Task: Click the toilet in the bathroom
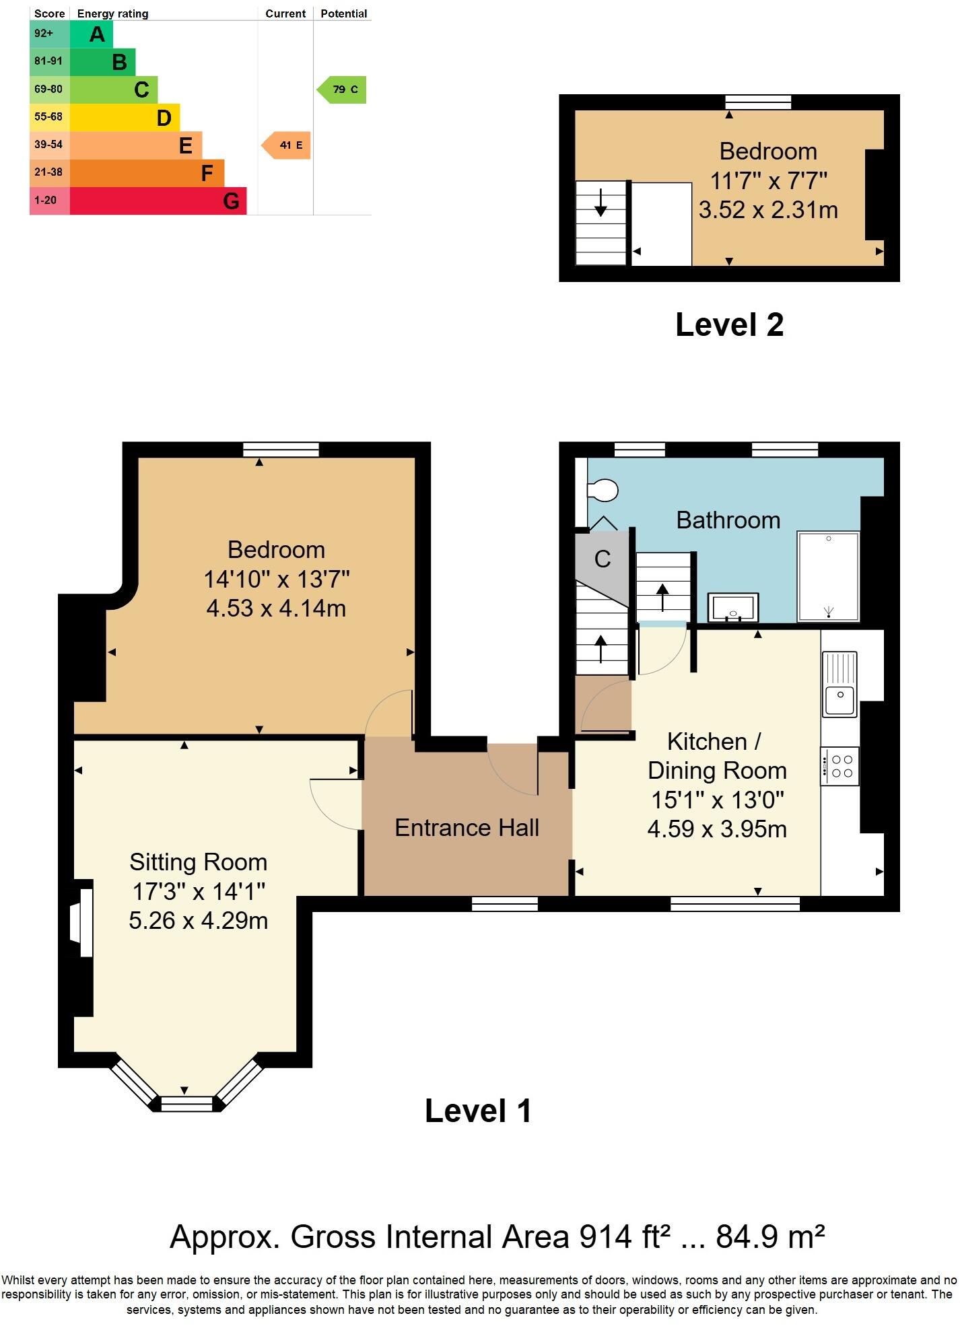pos(603,490)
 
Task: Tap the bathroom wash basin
pos(733,607)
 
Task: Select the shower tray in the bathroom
pos(828,576)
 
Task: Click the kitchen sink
pos(839,685)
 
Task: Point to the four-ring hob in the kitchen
pos(840,766)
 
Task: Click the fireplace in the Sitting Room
pos(83,922)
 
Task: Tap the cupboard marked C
pos(602,559)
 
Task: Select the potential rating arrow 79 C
pos(343,90)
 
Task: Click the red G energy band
pos(158,201)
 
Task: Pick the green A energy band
pos(92,34)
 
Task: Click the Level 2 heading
pos(729,325)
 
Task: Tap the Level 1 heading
pos(478,1111)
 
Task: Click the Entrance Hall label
pos(467,828)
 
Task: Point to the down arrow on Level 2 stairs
pos(601,202)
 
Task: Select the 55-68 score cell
pos(49,117)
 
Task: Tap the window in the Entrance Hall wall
pos(505,904)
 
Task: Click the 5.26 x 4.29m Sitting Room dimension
pos(198,920)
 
